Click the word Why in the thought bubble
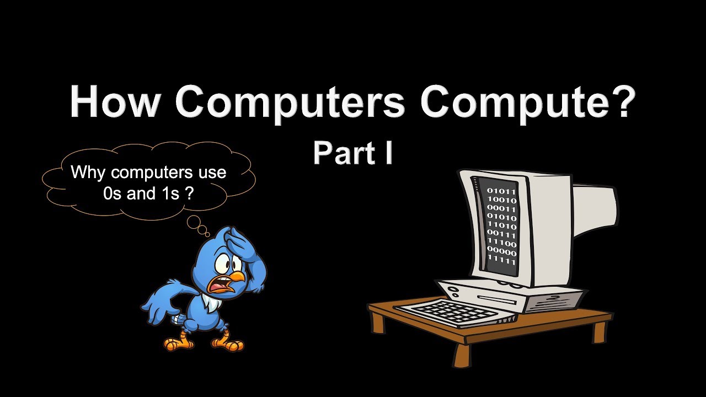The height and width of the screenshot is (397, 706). [x=89, y=173]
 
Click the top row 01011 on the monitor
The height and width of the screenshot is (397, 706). [x=501, y=192]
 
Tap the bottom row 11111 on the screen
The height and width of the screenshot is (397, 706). [x=501, y=261]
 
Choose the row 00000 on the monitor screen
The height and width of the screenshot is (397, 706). [x=501, y=253]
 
